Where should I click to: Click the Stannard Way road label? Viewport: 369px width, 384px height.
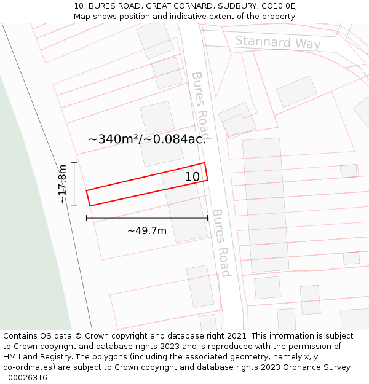tap(278, 42)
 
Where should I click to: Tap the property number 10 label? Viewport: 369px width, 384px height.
tap(192, 177)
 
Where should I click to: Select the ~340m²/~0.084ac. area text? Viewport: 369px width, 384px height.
tap(146, 139)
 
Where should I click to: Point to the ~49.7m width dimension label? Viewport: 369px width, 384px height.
tap(147, 230)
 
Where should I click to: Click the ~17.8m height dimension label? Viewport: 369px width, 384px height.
tap(63, 184)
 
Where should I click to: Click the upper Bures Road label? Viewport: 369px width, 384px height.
tap(201, 105)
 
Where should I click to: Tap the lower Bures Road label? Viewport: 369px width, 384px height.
tap(221, 243)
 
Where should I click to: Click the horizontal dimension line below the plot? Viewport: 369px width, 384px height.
tap(147, 217)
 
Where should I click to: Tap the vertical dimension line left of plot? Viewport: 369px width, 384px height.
tap(74, 184)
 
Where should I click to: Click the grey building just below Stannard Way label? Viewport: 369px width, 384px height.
tap(296, 92)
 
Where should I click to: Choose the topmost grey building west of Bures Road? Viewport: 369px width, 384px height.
tap(155, 39)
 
